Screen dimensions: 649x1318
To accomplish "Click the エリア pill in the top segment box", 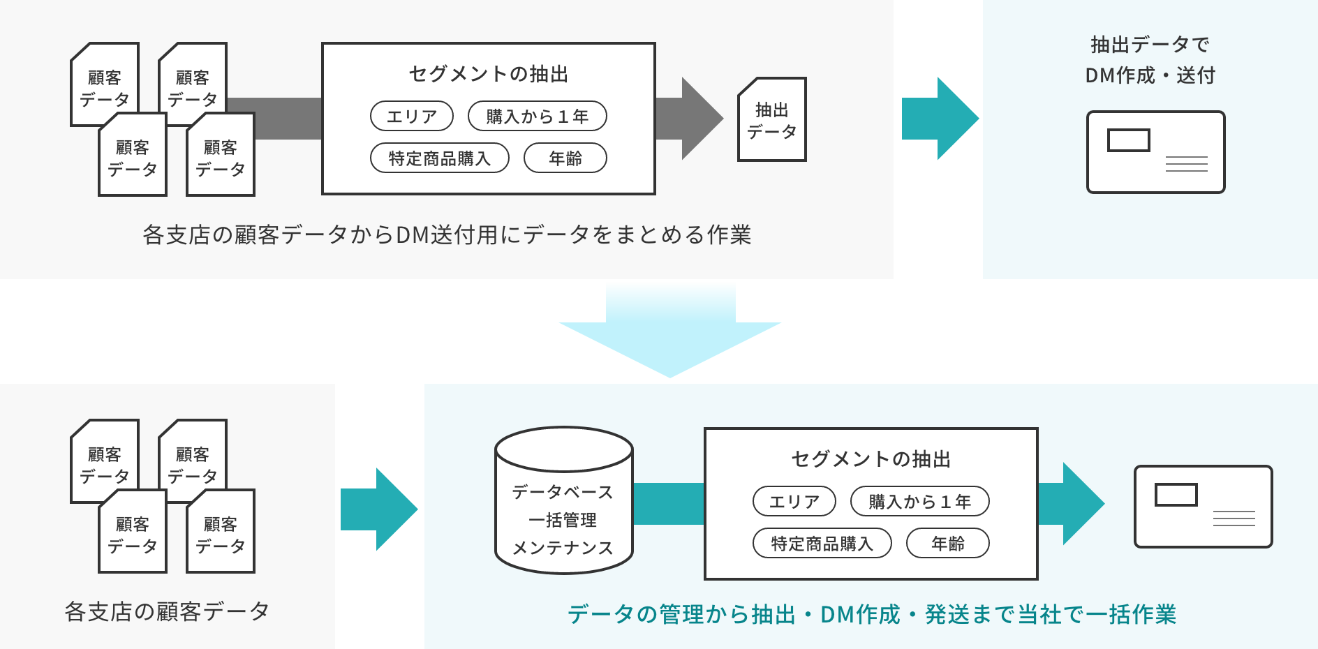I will tap(411, 117).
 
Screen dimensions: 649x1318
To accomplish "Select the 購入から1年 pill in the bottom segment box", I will tap(919, 502).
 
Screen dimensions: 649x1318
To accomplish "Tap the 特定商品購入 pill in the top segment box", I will tap(439, 158).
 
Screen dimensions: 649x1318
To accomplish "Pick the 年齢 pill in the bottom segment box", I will tap(947, 544).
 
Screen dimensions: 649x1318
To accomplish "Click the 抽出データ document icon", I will tap(771, 120).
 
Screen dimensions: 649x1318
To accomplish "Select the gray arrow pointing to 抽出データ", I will tap(691, 119).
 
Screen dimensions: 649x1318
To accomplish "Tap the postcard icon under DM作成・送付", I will tap(1155, 152).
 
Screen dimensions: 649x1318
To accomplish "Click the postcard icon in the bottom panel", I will tap(1203, 507).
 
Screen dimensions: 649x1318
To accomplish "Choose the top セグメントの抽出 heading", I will tap(488, 74).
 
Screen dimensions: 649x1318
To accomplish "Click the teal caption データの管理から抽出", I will tap(871, 614).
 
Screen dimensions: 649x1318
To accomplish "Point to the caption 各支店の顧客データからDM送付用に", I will tap(447, 234).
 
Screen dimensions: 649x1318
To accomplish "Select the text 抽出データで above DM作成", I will tap(1150, 45).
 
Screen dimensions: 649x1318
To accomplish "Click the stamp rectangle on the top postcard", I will tap(1128, 140).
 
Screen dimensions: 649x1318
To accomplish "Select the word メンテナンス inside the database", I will tap(563, 549).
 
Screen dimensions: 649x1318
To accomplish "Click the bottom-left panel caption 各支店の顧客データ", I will tap(167, 611).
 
